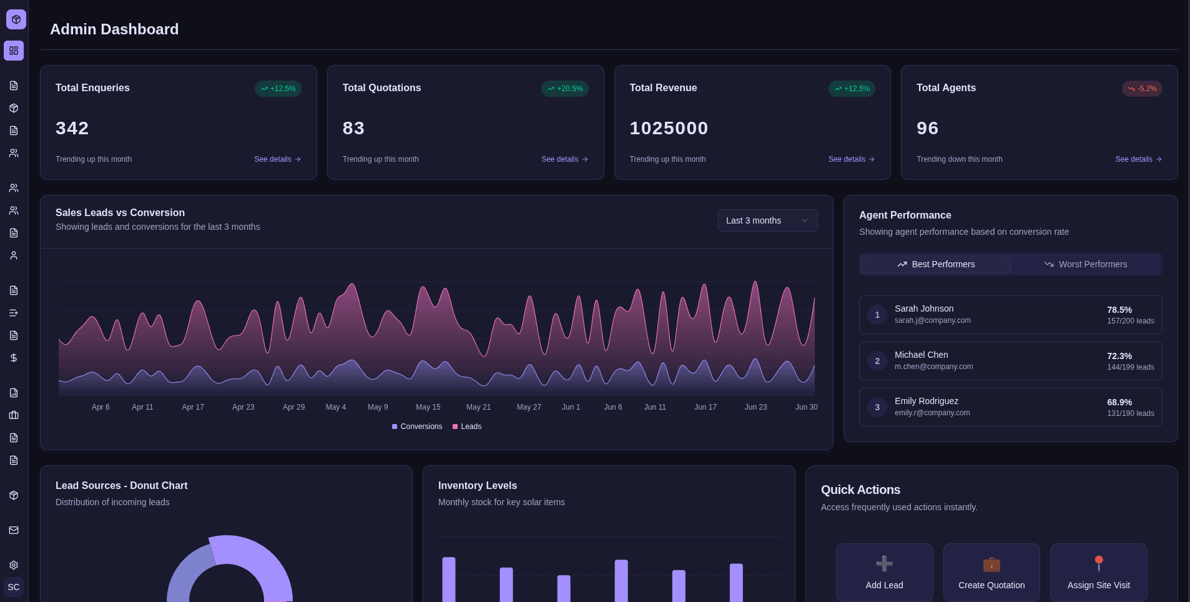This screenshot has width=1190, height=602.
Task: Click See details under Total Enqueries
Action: (x=277, y=159)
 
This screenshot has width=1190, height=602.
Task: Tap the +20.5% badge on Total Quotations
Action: (x=564, y=89)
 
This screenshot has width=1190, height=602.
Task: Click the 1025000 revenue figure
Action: (x=669, y=128)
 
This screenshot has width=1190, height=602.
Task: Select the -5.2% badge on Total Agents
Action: (x=1141, y=89)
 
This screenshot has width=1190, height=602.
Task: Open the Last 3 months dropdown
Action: (x=767, y=220)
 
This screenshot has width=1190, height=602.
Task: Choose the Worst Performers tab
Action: (x=1086, y=264)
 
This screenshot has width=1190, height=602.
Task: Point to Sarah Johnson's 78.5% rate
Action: (x=1119, y=310)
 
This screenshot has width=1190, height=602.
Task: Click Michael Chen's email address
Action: (x=933, y=367)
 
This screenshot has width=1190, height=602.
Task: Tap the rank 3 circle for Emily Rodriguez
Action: (x=877, y=407)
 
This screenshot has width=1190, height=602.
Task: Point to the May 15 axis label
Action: (x=428, y=407)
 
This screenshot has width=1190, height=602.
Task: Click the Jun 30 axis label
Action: (x=806, y=407)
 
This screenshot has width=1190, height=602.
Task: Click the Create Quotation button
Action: (x=991, y=572)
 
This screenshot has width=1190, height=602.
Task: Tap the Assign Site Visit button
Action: (x=1098, y=572)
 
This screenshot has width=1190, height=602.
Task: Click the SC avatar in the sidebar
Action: (x=14, y=587)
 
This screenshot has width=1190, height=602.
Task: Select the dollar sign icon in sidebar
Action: (x=14, y=358)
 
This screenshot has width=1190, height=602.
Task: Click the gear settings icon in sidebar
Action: (x=14, y=565)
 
